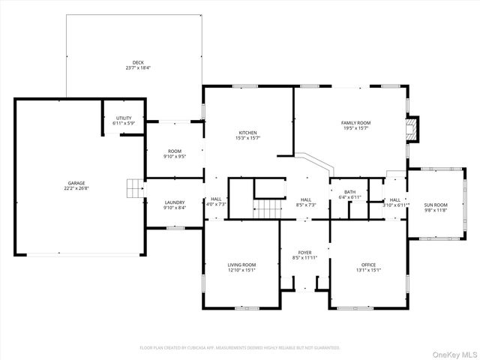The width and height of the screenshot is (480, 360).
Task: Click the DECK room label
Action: click(138, 63)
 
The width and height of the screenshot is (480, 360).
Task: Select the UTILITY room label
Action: click(124, 118)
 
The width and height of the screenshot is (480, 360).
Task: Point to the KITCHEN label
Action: click(248, 132)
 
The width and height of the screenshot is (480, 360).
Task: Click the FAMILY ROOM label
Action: click(355, 122)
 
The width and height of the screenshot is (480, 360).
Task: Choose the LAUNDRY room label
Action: click(175, 202)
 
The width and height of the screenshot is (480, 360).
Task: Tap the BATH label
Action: click(350, 192)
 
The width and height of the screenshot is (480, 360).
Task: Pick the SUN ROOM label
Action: click(435, 205)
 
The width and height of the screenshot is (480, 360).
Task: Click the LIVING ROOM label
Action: click(241, 265)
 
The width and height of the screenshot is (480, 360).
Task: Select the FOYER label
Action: click(304, 253)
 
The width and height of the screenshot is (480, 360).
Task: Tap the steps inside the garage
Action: click(133, 187)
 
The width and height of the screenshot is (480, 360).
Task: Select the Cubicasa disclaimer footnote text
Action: click(240, 348)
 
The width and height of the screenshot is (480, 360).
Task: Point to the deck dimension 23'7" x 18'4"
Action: click(138, 68)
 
